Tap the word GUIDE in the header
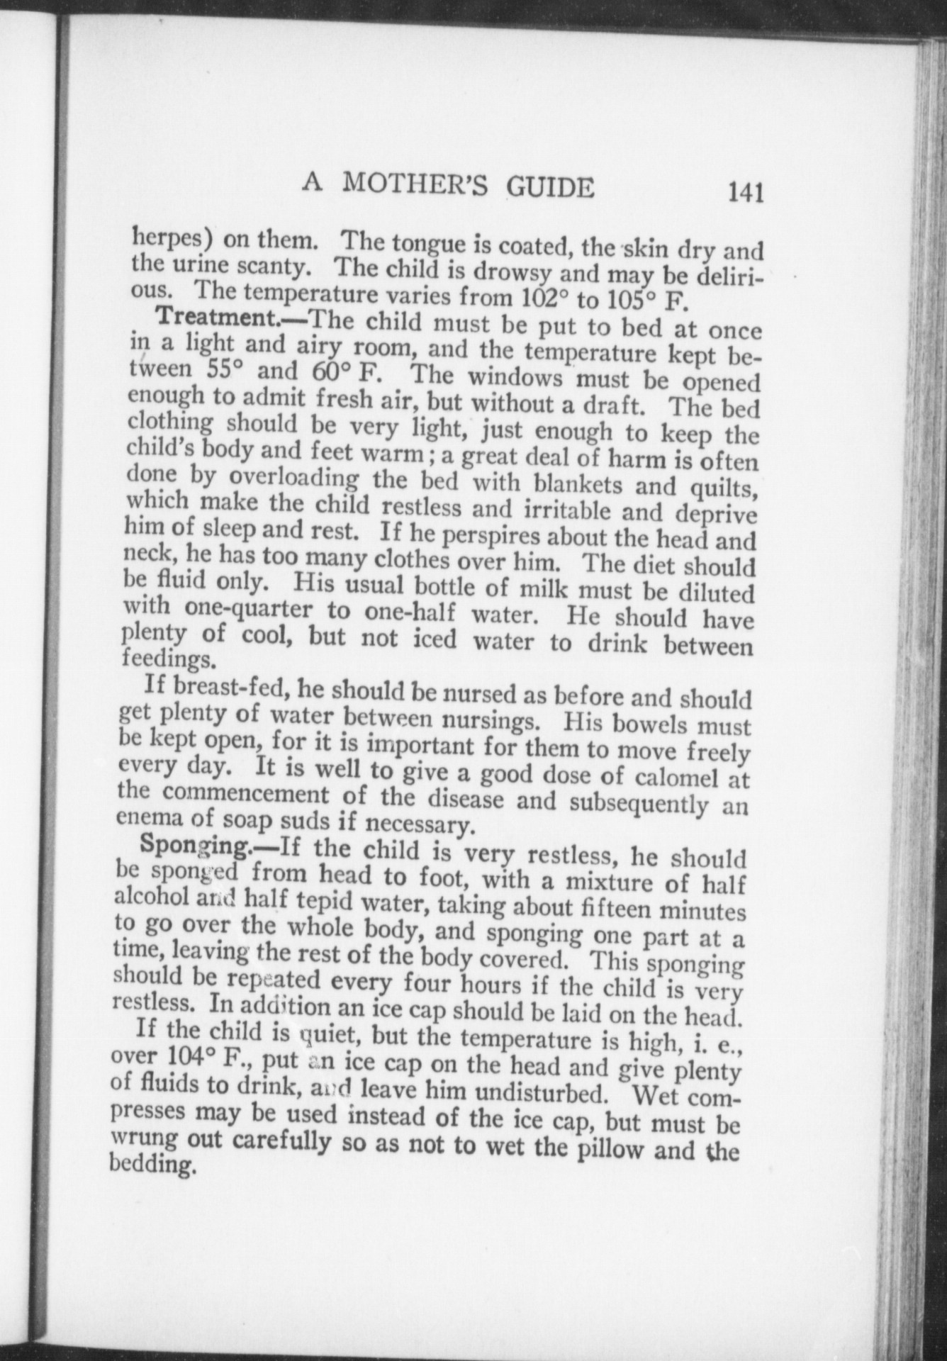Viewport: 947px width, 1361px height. point(549,188)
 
